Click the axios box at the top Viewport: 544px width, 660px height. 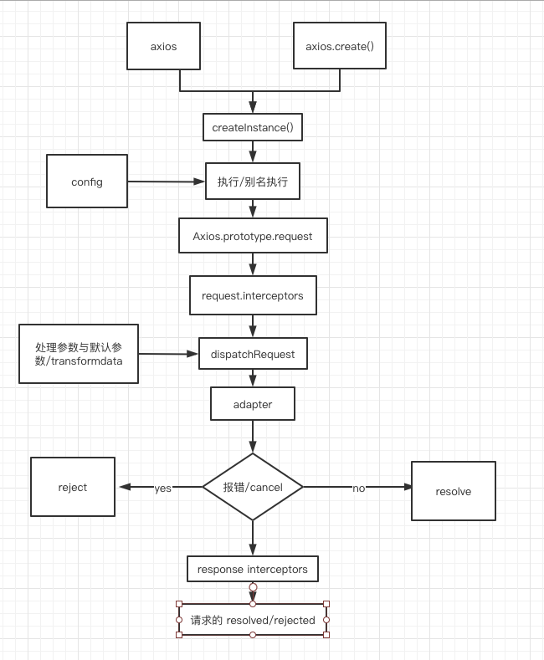163,46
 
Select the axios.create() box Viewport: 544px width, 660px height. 340,46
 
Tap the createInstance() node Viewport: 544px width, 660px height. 252,127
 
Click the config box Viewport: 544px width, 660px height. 87,181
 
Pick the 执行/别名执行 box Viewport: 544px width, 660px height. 253,182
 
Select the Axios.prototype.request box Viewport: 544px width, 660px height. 253,236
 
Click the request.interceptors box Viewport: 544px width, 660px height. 253,295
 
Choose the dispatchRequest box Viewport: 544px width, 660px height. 253,354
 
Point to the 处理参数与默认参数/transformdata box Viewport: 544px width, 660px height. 79,354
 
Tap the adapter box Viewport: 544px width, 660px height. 253,404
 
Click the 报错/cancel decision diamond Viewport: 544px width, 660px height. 253,487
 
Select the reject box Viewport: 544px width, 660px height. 73,487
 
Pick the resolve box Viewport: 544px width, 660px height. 454,491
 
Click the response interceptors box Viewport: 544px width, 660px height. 253,569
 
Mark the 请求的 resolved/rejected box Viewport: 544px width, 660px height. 253,620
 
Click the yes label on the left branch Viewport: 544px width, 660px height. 162,488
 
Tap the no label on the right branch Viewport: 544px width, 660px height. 358,488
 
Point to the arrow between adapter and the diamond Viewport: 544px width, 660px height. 253,437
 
